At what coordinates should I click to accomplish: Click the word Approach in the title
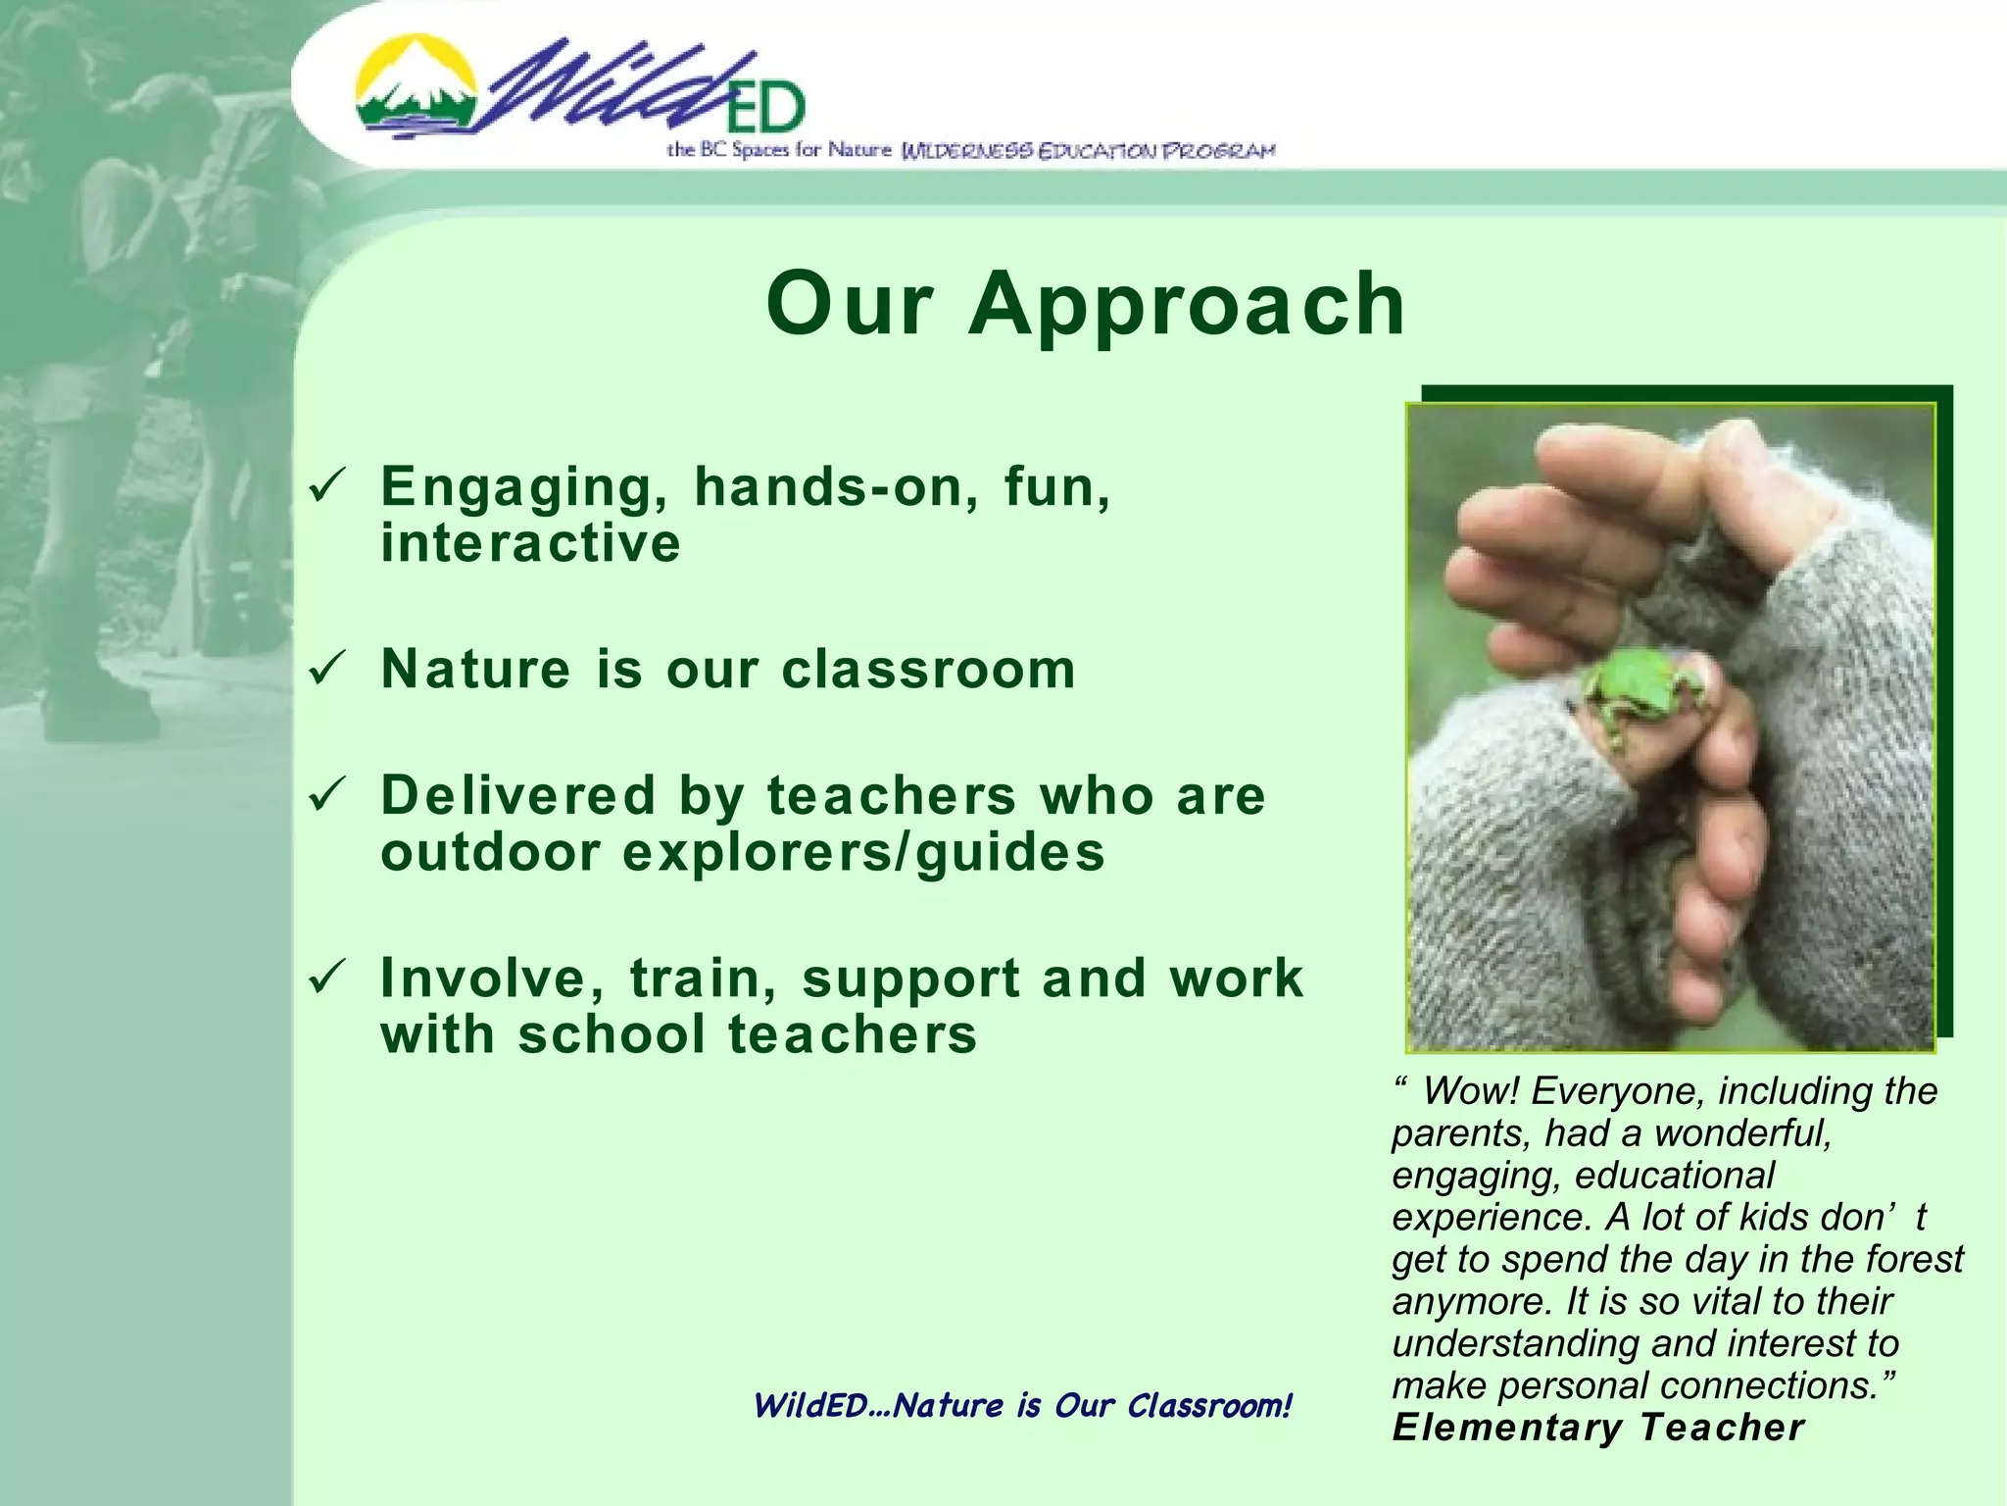point(1186,304)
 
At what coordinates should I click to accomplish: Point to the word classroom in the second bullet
point(928,671)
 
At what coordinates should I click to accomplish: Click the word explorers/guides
point(863,851)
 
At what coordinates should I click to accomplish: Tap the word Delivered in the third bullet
point(517,794)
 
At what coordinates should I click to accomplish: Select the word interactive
point(530,544)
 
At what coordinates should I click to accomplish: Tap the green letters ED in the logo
point(765,108)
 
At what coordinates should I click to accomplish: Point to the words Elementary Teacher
point(1597,1428)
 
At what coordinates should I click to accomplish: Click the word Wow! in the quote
point(1470,1091)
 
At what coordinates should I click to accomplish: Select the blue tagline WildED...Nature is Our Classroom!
point(1022,1406)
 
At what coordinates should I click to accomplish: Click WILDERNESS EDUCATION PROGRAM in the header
point(1088,151)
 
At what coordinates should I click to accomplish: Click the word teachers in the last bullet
point(852,1035)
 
